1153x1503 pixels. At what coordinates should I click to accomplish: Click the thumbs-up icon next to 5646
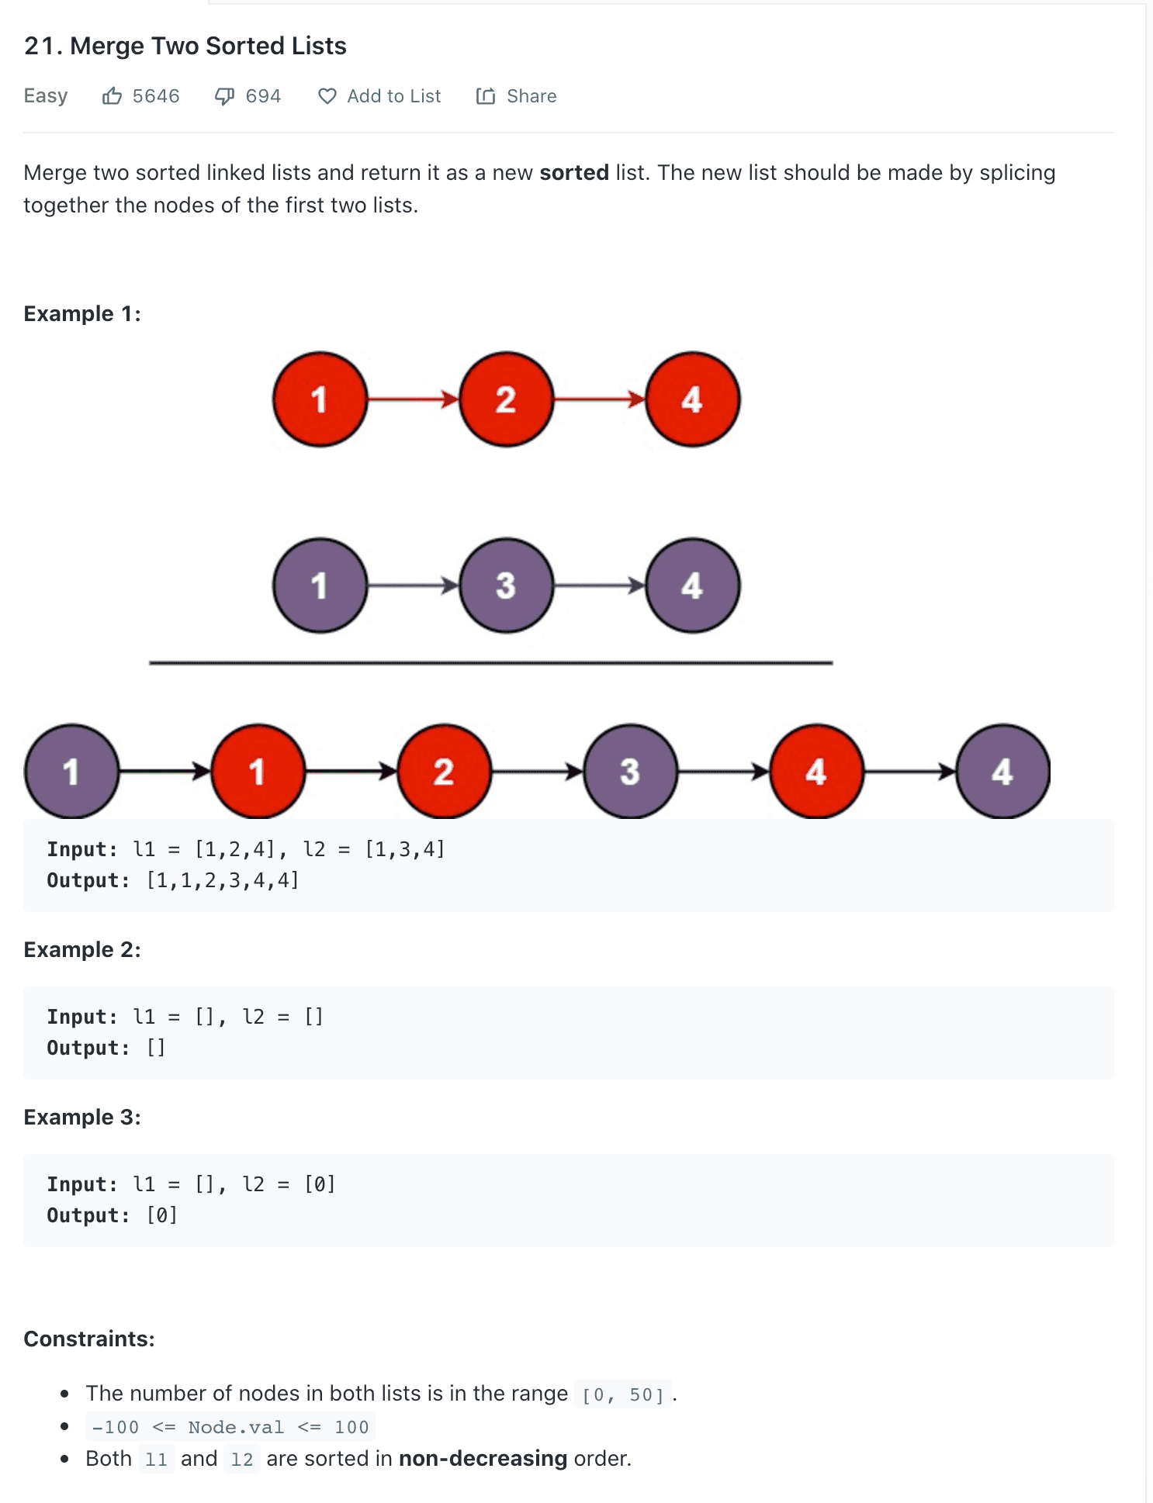click(x=113, y=96)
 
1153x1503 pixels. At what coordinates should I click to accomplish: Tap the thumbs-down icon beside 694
click(x=225, y=96)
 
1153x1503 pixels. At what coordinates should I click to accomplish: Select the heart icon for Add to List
click(x=327, y=96)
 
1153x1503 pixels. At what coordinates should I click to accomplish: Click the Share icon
click(x=486, y=96)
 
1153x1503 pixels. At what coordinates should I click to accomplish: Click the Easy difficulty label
click(x=46, y=96)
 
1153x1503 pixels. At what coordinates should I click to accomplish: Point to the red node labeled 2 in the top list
click(x=506, y=399)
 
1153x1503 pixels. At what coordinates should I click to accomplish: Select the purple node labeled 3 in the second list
click(x=506, y=586)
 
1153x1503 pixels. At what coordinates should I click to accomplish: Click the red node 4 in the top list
click(x=692, y=399)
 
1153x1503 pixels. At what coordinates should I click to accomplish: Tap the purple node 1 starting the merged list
click(x=71, y=772)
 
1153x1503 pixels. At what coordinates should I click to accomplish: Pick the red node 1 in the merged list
click(x=258, y=772)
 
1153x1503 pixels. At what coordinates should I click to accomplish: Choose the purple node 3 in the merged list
click(x=630, y=772)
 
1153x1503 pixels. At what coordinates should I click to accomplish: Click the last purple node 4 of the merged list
click(x=1002, y=772)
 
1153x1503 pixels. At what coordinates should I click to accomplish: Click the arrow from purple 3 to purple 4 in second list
click(x=599, y=586)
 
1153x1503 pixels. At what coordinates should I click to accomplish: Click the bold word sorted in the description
click(x=574, y=172)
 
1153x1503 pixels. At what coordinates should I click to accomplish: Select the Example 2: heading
click(x=82, y=949)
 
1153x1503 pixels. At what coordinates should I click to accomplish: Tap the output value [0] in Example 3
click(x=162, y=1215)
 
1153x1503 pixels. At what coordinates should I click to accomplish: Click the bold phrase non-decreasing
click(x=483, y=1458)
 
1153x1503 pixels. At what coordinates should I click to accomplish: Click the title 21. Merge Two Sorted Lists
click(x=185, y=46)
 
